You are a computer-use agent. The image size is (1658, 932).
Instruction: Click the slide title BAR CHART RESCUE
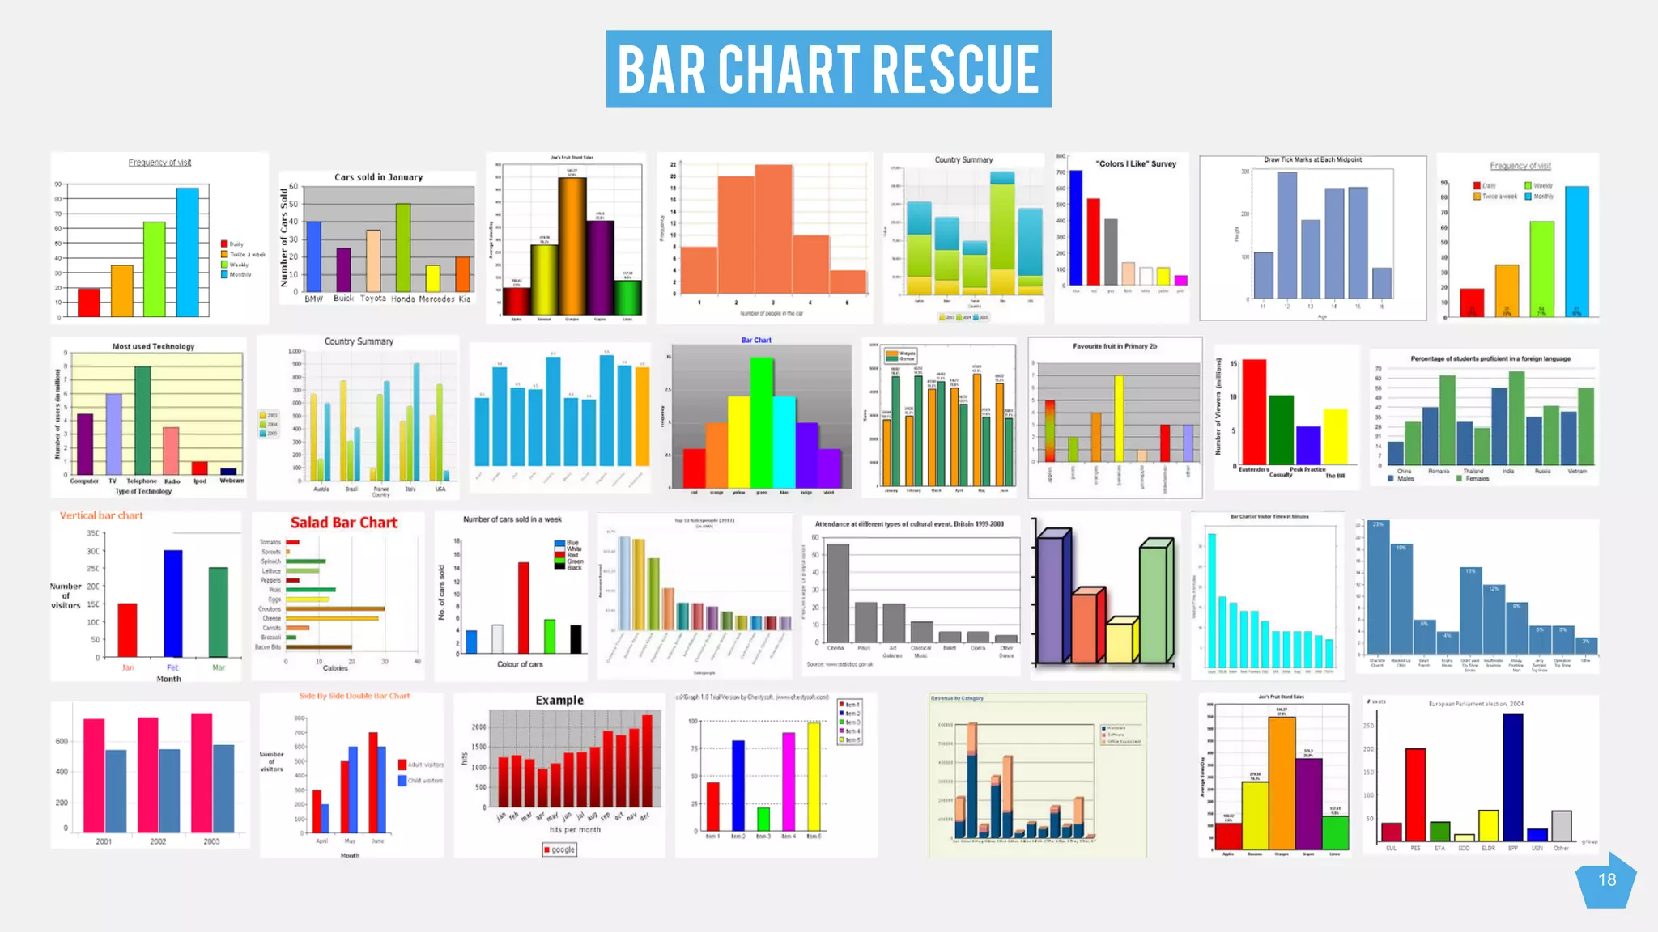tap(828, 69)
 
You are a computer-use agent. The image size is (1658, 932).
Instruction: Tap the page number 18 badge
tap(1606, 880)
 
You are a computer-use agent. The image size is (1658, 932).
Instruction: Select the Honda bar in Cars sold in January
tap(402, 247)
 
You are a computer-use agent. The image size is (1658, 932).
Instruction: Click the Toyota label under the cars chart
tap(373, 299)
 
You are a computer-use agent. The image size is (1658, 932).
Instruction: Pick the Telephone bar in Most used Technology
tap(142, 420)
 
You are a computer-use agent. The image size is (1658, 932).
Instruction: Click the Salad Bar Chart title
tap(344, 523)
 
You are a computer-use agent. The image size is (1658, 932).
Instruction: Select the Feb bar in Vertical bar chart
tap(173, 603)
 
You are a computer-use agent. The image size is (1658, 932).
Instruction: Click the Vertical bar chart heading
tap(101, 515)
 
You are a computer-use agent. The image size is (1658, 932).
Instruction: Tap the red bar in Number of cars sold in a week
tap(524, 607)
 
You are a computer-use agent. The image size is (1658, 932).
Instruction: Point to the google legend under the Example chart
tap(560, 849)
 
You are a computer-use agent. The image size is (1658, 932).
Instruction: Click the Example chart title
tap(559, 700)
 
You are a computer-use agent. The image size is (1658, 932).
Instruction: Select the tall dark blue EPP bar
tap(1512, 777)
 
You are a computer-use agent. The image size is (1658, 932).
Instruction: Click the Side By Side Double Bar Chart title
tap(355, 696)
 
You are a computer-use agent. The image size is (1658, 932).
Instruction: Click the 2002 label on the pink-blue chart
tap(158, 841)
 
